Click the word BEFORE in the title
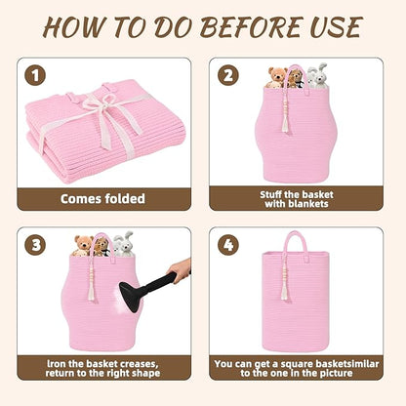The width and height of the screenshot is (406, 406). (250, 26)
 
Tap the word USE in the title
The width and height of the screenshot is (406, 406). (336, 26)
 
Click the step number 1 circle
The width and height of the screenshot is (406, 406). (35, 75)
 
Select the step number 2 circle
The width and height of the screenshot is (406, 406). (228, 75)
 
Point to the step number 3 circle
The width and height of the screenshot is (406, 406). (35, 245)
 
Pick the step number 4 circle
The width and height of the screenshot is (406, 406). (228, 245)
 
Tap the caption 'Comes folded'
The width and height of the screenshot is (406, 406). (102, 198)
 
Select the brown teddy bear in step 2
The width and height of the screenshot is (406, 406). (276, 77)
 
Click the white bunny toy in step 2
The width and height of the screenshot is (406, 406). (317, 75)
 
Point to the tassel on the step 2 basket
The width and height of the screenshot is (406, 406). (285, 119)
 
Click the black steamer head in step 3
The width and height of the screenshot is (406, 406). (132, 296)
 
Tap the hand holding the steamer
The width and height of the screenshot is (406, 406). (180, 270)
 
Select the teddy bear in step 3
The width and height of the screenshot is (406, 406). (83, 246)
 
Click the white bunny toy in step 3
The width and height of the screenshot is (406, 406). (123, 244)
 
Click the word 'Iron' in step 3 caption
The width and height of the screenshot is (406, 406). (57, 364)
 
